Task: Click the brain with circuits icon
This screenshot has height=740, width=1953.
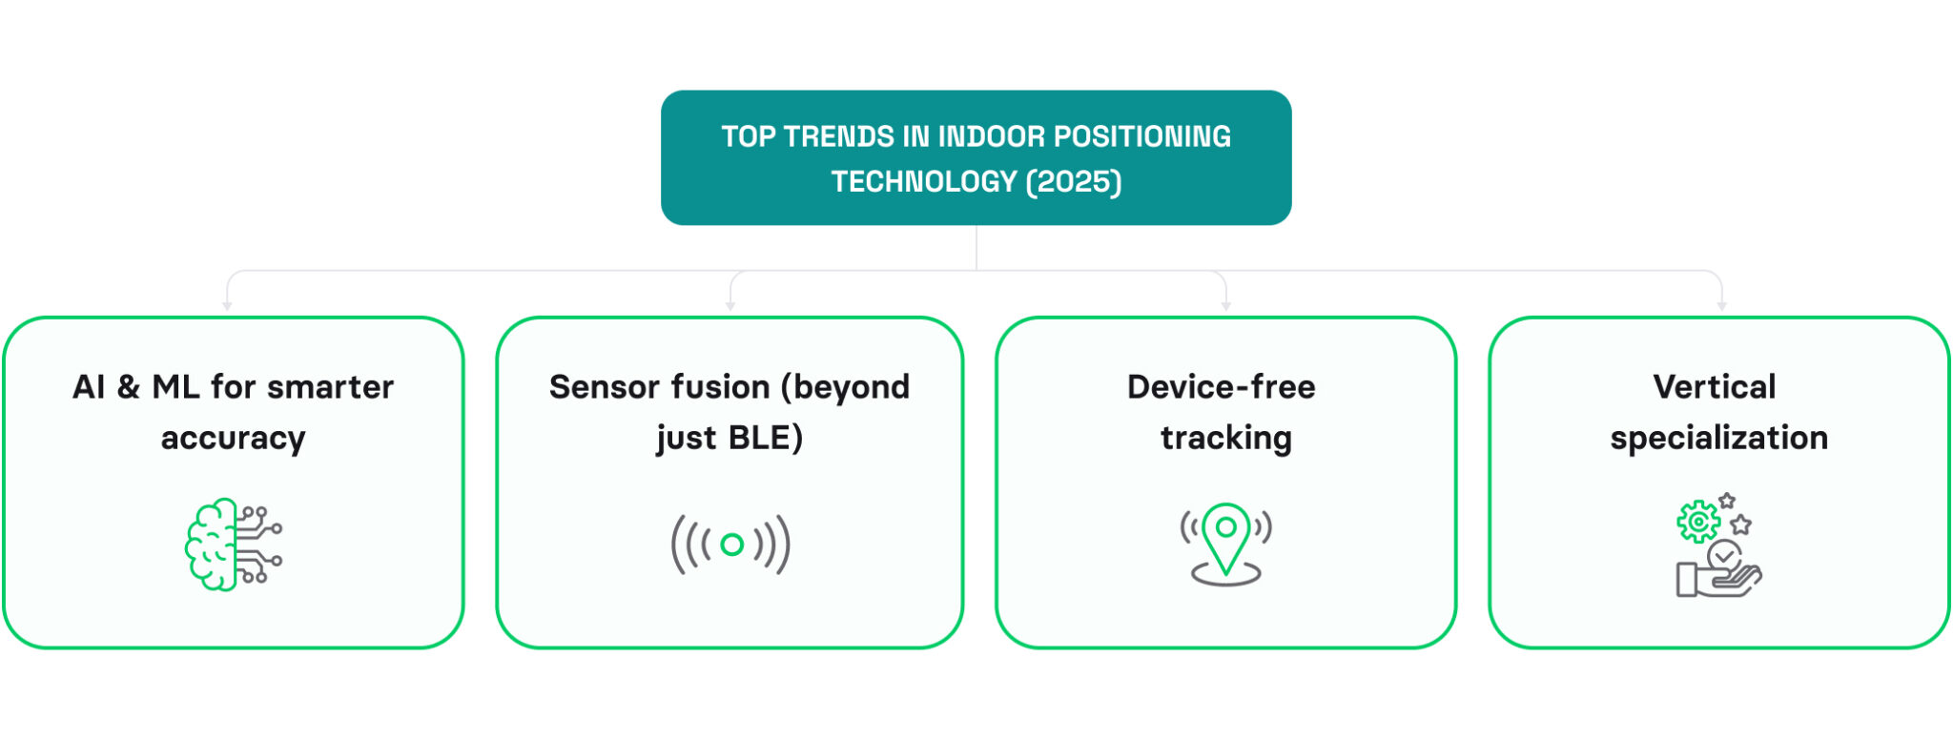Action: (x=234, y=545)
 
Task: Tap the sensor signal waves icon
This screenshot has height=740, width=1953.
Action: (x=731, y=545)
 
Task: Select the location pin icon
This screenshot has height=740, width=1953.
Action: (x=1226, y=544)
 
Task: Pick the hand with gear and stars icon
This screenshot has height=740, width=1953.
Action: (x=1718, y=545)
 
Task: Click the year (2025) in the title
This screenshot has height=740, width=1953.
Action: (x=1074, y=181)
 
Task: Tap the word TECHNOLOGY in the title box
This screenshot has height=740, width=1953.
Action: (x=924, y=181)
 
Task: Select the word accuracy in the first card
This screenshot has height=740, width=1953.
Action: (x=234, y=438)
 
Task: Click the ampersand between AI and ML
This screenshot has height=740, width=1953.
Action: (x=129, y=387)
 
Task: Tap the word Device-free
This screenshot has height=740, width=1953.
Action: (x=1222, y=387)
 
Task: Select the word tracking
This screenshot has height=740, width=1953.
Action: (x=1226, y=438)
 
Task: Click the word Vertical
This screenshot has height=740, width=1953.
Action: (x=1715, y=387)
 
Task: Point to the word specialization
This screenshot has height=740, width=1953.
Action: (x=1719, y=438)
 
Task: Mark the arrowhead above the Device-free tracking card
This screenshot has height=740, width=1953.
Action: (x=1226, y=306)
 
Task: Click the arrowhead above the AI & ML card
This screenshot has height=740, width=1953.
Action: (x=227, y=306)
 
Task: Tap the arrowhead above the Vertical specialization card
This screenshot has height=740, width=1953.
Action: (x=1722, y=306)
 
